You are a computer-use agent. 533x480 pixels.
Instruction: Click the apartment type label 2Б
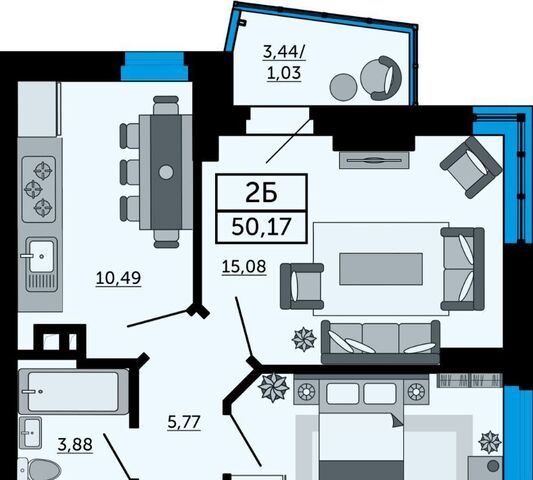click(261, 194)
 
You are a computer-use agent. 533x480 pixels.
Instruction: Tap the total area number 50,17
click(261, 227)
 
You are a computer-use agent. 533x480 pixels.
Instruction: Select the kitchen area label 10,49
click(118, 278)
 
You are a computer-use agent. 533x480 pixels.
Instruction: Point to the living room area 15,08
click(244, 266)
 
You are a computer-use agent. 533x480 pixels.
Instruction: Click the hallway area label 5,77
click(184, 423)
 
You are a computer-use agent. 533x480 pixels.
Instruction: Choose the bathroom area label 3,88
click(75, 445)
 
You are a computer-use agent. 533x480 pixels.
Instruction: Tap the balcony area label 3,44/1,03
click(284, 63)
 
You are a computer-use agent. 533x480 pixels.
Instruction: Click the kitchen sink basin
click(41, 256)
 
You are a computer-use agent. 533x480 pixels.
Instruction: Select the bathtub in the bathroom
click(73, 391)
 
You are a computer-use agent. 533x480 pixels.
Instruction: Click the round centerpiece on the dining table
click(166, 172)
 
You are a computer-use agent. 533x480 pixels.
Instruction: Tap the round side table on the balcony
click(343, 87)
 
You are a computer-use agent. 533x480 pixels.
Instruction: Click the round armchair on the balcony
click(381, 78)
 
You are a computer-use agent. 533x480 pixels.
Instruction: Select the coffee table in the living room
click(381, 269)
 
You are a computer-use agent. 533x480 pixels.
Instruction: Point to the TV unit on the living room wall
click(374, 160)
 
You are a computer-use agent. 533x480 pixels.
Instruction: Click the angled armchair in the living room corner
click(471, 168)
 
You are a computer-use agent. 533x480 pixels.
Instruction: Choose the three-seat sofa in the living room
click(380, 342)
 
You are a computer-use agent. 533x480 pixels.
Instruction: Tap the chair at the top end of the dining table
click(166, 105)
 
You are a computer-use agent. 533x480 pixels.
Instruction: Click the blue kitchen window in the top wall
click(155, 66)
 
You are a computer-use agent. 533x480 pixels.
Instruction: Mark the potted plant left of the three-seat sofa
click(304, 339)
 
